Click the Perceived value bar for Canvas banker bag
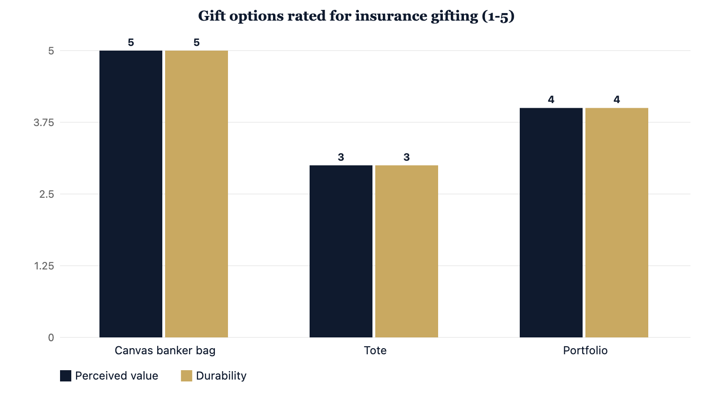tap(131, 194)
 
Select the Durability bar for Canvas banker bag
tap(197, 194)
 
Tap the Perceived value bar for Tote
tap(341, 251)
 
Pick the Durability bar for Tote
tap(407, 251)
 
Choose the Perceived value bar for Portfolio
tap(551, 223)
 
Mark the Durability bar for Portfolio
tap(616, 223)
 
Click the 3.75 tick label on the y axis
tap(44, 122)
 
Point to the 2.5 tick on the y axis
tap(47, 194)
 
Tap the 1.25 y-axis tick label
tap(44, 266)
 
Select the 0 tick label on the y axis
tap(51, 337)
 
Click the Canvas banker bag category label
tap(165, 351)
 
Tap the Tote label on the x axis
tap(375, 351)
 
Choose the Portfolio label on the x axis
tap(585, 351)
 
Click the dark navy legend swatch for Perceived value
tap(66, 376)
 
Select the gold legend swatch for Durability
tap(187, 376)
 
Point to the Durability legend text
tap(221, 376)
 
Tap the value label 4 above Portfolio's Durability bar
tap(616, 100)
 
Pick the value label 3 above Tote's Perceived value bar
tap(341, 157)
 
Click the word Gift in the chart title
tap(212, 16)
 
